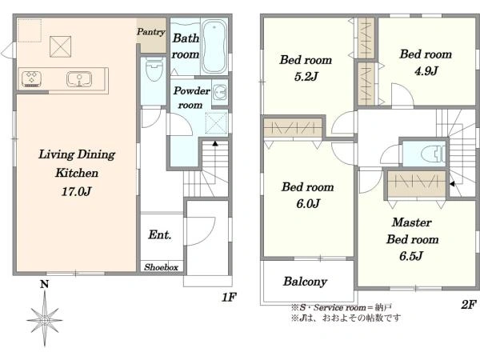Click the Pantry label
151,31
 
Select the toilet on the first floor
154,69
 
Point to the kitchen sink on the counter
79,79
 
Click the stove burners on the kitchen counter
32,79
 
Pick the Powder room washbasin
219,91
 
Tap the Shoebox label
162,267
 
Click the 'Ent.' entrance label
160,234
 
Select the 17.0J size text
77,192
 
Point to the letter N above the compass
45,284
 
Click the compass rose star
45,318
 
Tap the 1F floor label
229,297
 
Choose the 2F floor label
469,304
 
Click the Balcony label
306,282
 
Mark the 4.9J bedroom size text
426,70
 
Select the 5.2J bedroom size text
306,76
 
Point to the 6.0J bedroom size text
308,203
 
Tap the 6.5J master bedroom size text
411,256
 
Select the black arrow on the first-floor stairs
215,143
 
